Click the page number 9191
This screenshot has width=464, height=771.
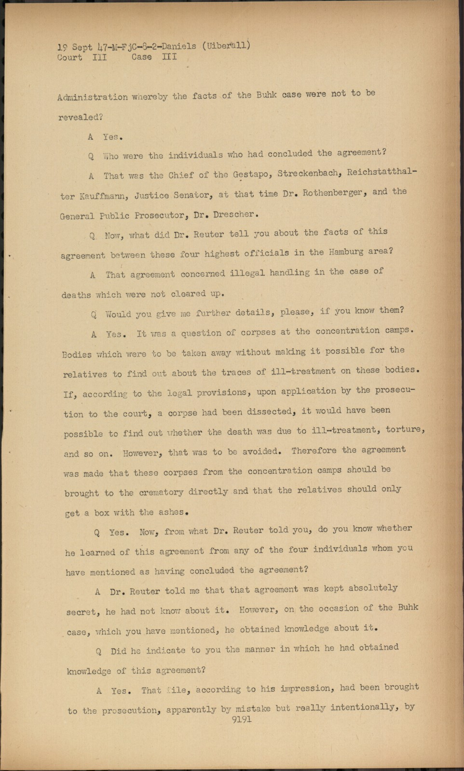(242, 720)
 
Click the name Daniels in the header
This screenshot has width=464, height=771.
(179, 46)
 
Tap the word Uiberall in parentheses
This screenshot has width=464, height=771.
(227, 46)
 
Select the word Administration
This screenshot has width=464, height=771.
(93, 97)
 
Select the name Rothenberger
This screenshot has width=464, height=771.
(333, 193)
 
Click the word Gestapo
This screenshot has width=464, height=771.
(251, 174)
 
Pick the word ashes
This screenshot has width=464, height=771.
(171, 512)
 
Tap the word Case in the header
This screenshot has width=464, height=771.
(141, 57)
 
